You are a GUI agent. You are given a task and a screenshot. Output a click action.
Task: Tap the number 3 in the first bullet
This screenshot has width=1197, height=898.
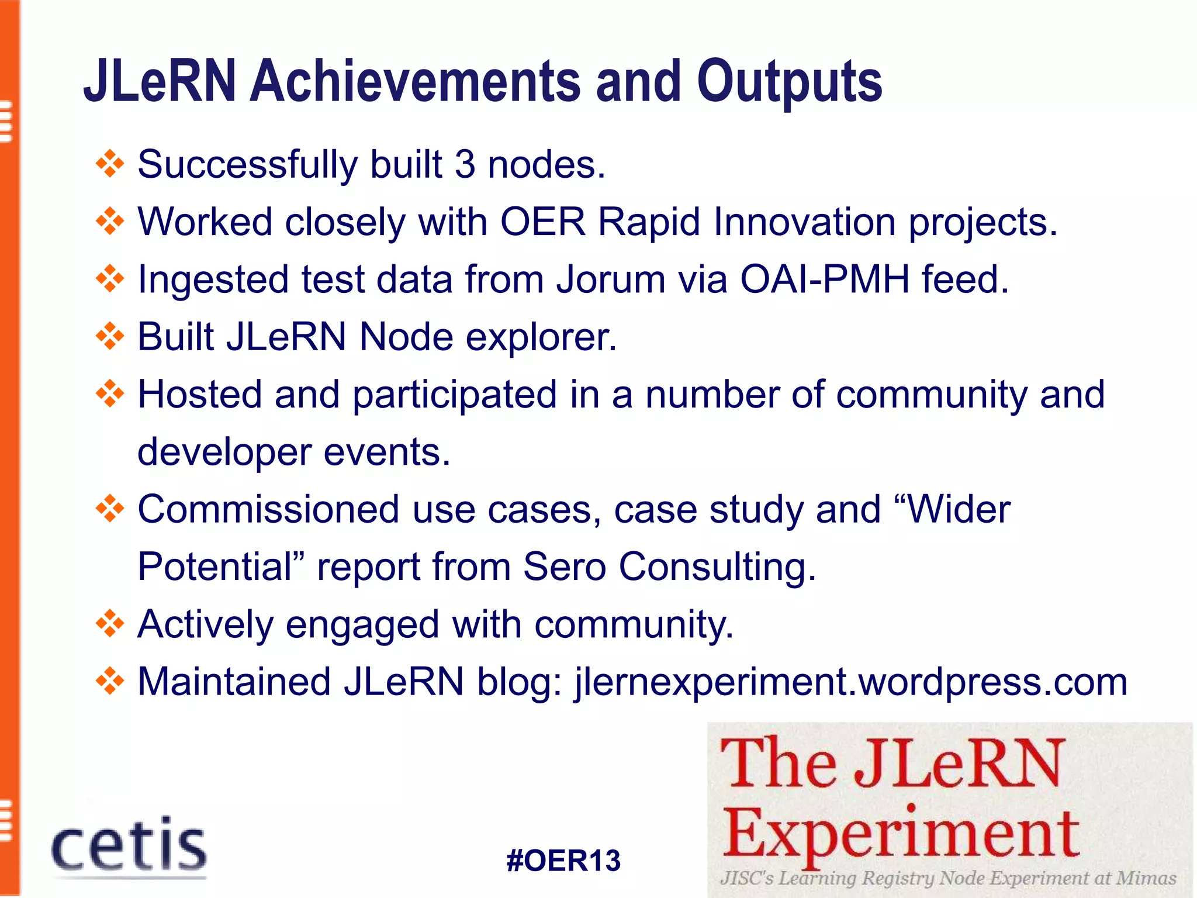click(465, 164)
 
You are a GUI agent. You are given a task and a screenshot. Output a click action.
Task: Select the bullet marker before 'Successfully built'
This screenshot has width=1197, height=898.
click(110, 164)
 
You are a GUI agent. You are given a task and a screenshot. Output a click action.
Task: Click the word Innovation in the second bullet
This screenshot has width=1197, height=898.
click(804, 222)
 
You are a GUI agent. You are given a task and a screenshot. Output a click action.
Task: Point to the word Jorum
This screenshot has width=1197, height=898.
click(611, 279)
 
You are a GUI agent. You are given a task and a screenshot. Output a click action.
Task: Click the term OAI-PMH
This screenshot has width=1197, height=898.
click(825, 279)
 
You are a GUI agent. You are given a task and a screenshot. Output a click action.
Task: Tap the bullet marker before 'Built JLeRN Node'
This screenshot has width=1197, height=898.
click(110, 337)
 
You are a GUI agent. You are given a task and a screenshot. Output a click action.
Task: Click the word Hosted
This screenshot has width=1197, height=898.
click(199, 395)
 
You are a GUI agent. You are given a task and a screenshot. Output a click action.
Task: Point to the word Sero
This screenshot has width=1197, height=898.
click(563, 567)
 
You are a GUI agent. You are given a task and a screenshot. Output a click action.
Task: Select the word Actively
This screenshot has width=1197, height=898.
click(205, 624)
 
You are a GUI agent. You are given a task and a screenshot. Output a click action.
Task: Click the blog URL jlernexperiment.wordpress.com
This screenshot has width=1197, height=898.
click(851, 682)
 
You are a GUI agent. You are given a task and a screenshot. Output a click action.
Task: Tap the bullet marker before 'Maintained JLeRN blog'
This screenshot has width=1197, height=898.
click(110, 682)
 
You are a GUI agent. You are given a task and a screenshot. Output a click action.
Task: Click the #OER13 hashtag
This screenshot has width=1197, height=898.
click(563, 861)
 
